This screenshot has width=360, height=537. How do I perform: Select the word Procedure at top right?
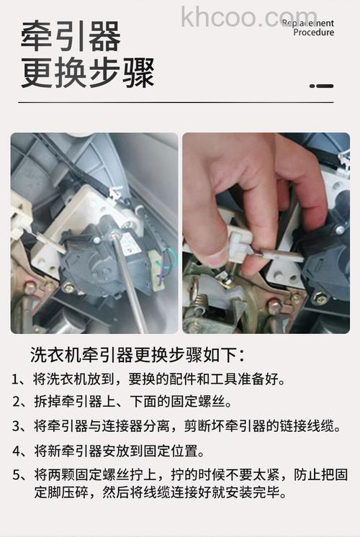tap(313, 32)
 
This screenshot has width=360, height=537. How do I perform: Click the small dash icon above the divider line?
tap(321, 86)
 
